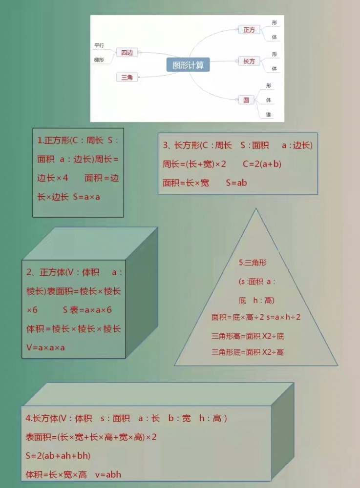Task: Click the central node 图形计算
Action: point(188,65)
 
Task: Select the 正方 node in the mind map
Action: point(249,30)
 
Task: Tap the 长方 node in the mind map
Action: point(249,61)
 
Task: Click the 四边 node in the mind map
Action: point(127,53)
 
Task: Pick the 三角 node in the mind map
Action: point(127,77)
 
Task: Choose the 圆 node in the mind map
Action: point(246,100)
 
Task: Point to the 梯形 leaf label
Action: point(99,60)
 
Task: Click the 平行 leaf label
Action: point(99,45)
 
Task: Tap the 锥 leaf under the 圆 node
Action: point(269,115)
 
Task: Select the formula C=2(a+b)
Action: point(262,164)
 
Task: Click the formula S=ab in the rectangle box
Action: point(236,183)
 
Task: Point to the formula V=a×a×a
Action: point(45,347)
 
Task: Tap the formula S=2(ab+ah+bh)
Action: point(58,456)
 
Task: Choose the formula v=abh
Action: point(108,475)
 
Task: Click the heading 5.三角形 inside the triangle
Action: point(253,263)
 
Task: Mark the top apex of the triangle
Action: point(256,208)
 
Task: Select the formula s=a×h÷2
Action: point(283,317)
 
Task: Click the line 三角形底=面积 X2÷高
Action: point(248,352)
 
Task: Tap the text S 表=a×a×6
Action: point(87,310)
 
